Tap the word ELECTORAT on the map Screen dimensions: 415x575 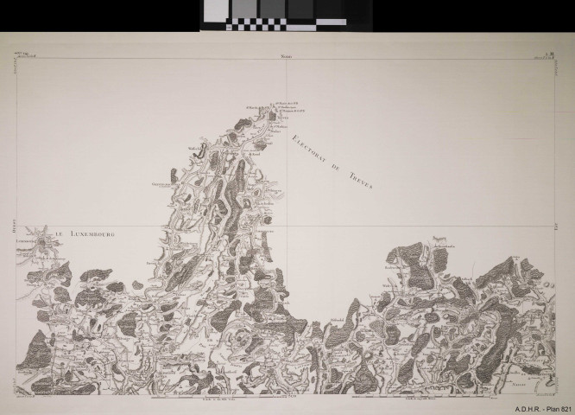tap(306, 144)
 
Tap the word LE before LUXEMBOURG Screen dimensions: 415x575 tap(61, 233)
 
